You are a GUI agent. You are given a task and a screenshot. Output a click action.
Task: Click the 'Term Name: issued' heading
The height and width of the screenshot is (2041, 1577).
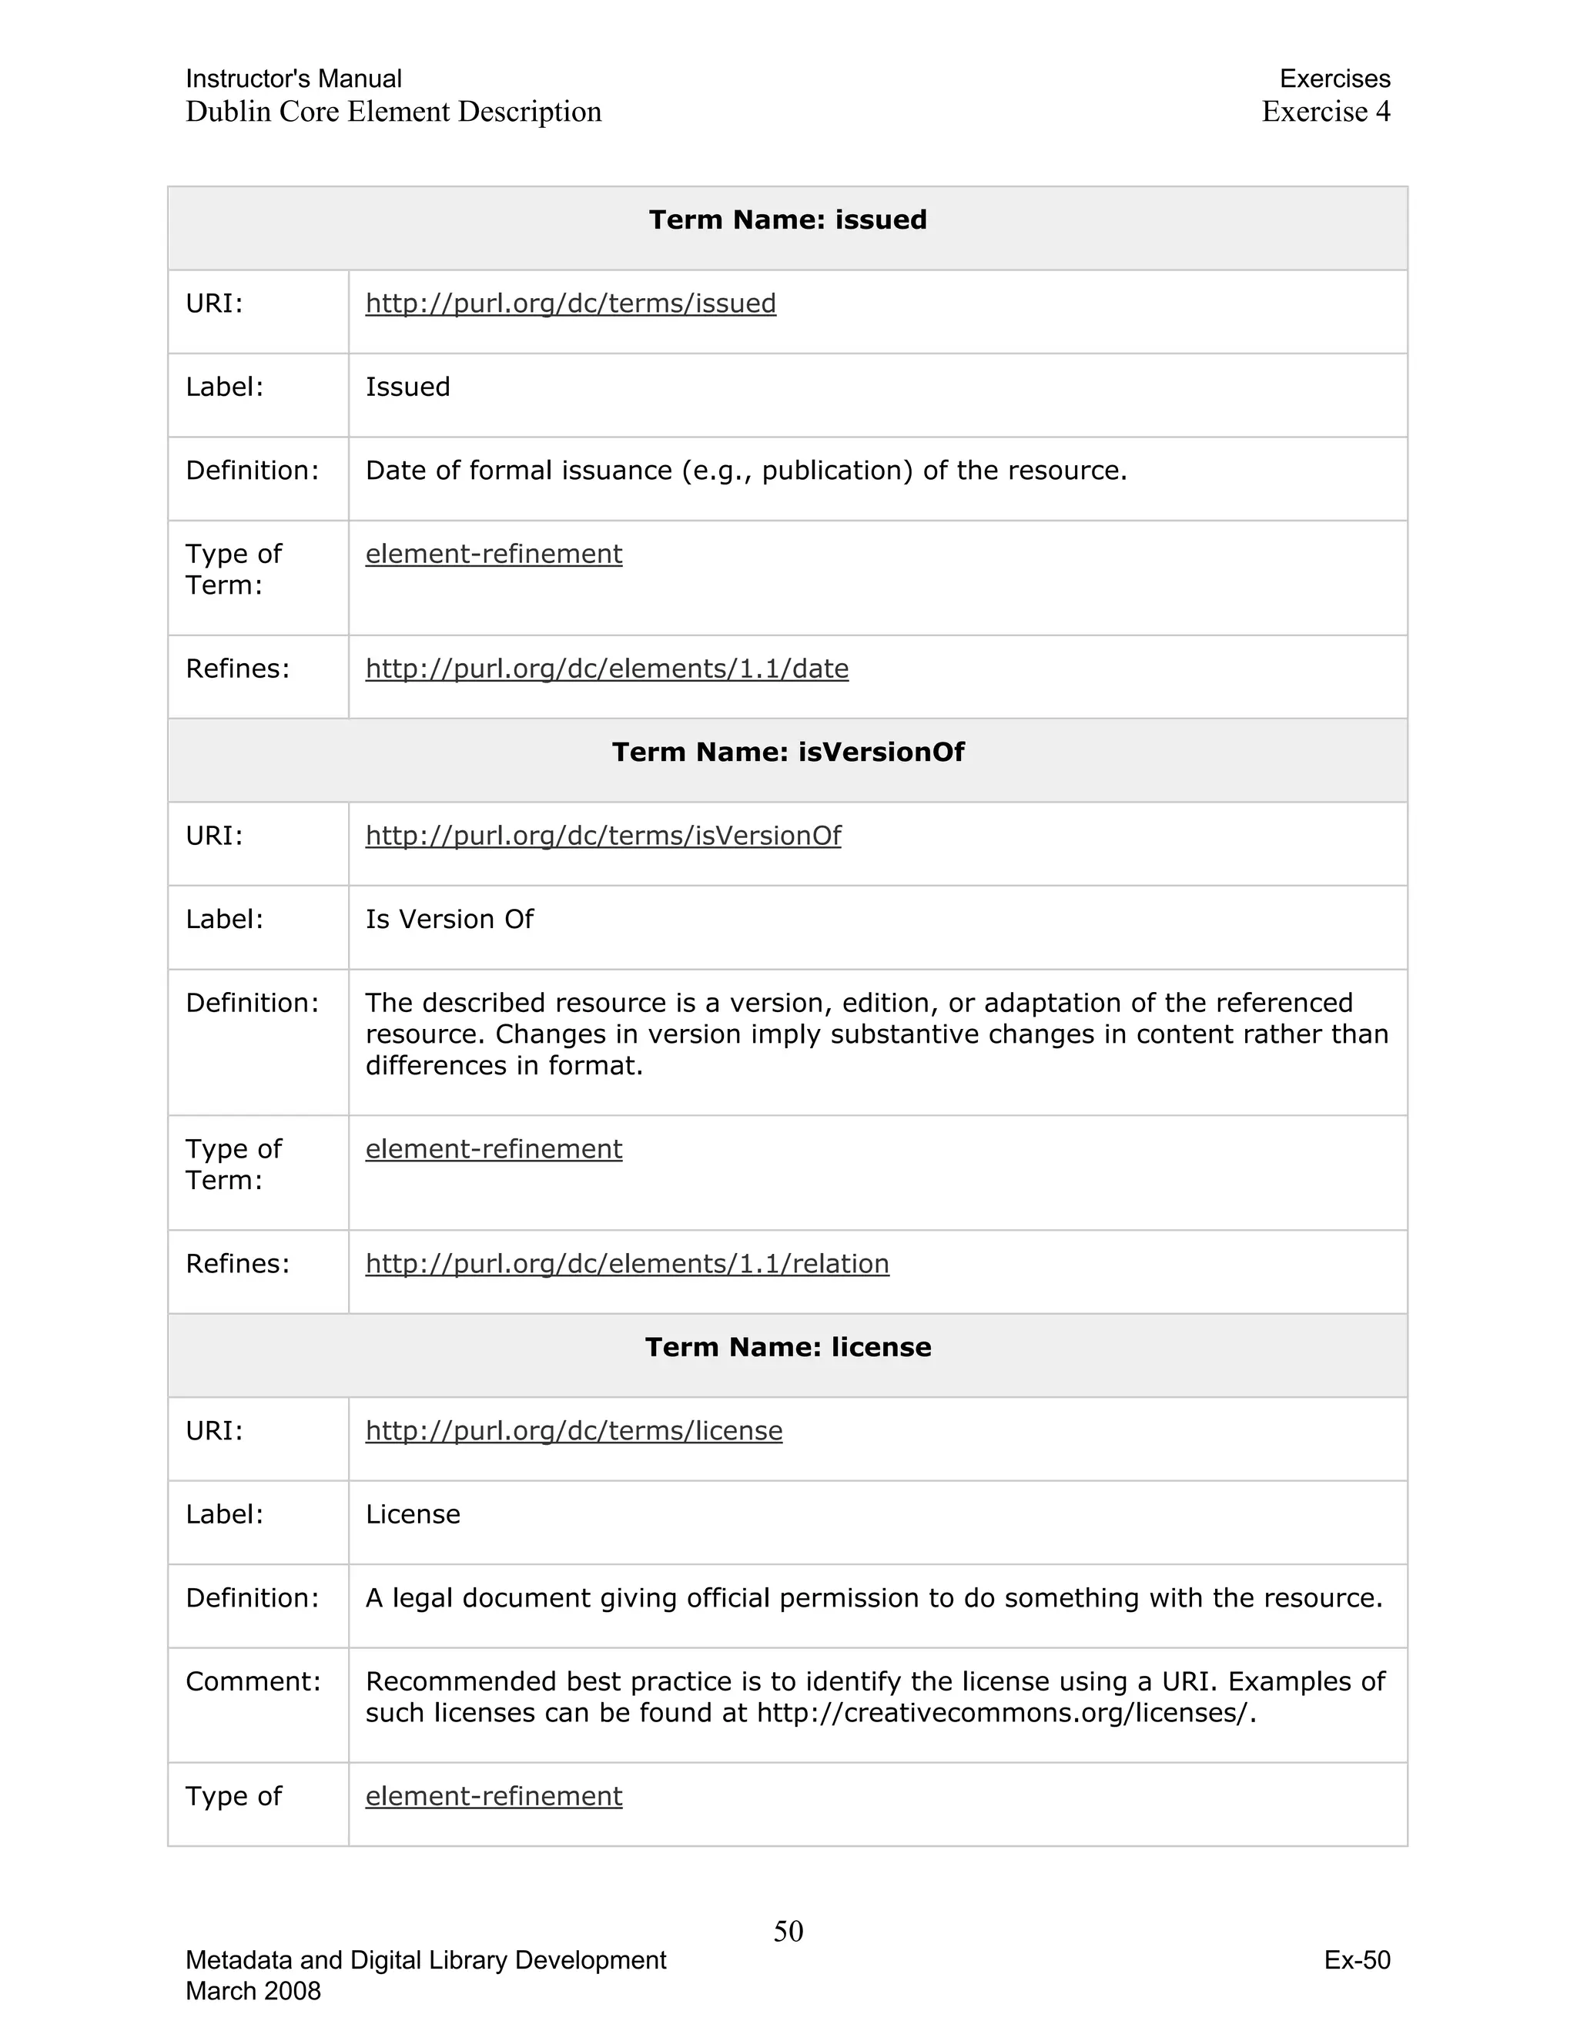[788, 220]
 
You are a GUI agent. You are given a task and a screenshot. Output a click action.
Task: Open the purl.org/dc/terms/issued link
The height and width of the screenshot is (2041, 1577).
[570, 303]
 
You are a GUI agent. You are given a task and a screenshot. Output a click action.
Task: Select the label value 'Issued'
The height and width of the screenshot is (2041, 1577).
[407, 387]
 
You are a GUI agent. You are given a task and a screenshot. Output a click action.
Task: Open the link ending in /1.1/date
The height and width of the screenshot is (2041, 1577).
[606, 669]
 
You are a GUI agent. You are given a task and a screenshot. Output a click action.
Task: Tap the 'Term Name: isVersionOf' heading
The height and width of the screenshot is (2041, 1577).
[788, 752]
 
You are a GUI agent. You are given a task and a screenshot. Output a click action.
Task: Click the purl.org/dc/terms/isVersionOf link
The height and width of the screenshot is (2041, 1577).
[603, 836]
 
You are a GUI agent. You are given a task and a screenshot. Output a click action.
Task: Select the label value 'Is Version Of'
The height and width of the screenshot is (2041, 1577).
[450, 920]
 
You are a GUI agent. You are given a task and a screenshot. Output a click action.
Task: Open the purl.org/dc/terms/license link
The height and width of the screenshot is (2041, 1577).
[574, 1431]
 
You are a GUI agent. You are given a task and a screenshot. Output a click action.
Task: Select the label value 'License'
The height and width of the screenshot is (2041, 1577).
[413, 1514]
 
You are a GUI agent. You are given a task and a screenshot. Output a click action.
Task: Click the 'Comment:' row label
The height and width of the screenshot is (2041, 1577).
[253, 1681]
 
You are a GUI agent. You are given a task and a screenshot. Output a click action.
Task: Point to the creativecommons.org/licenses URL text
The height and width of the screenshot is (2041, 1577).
[1005, 1713]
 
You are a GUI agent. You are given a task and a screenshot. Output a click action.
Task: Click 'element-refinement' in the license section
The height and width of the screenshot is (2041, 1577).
[494, 1796]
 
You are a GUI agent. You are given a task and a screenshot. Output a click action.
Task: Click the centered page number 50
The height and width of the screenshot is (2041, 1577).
[788, 1931]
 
